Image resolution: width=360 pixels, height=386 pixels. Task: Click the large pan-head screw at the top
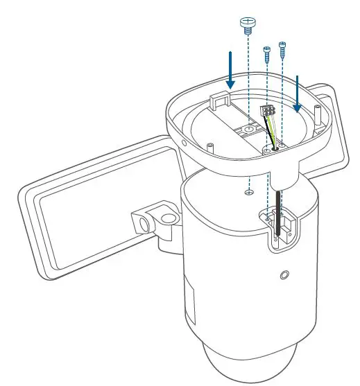[x=248, y=25]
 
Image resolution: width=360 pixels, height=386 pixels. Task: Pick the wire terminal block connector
[x=267, y=112]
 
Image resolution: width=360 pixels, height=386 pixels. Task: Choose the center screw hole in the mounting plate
[x=248, y=130]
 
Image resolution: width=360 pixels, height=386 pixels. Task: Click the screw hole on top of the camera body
[x=248, y=193]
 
